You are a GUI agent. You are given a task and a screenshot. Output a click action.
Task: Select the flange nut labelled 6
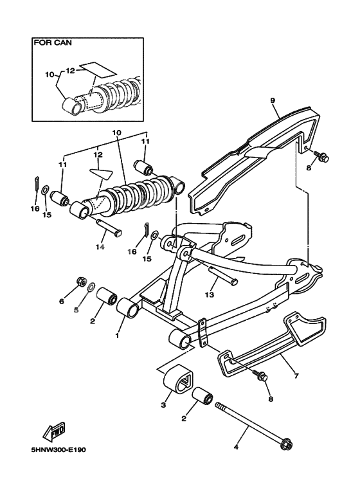coord(82,281)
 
